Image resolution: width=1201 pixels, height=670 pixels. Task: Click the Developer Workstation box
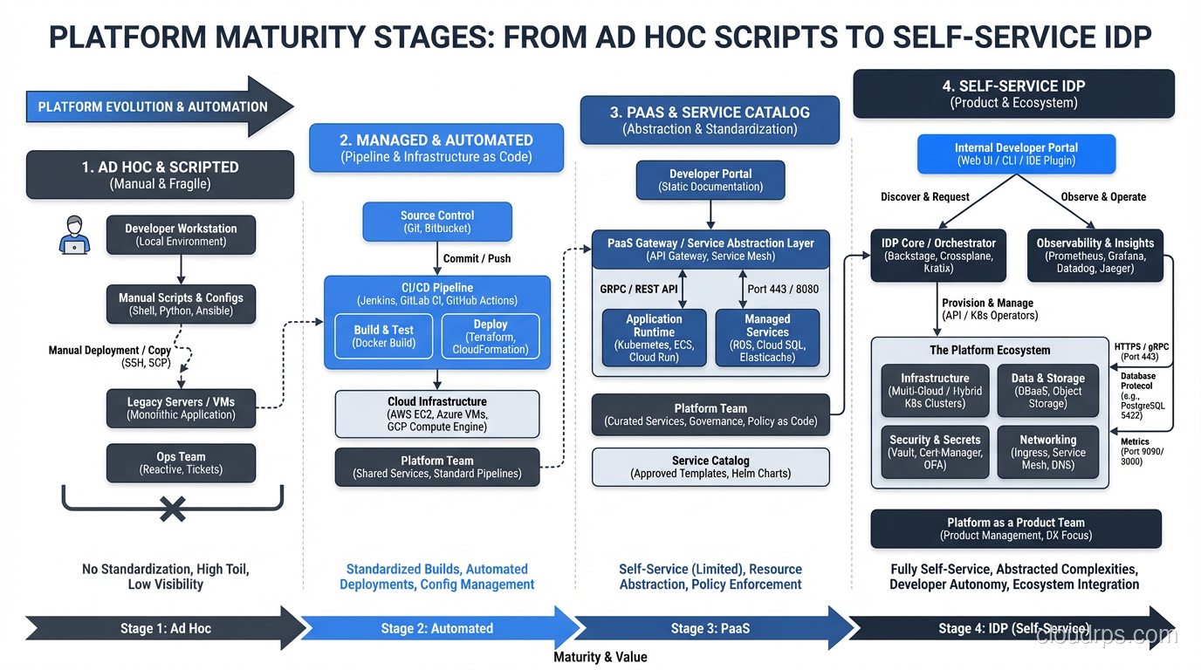181,235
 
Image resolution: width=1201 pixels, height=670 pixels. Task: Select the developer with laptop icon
75,235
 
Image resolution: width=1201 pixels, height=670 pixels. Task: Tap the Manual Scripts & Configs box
181,304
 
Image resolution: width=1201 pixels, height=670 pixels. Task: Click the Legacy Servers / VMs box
181,408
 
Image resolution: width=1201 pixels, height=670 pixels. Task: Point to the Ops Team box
181,463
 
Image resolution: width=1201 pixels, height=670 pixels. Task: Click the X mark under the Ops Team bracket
172,509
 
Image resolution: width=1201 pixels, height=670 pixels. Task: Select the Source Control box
437,222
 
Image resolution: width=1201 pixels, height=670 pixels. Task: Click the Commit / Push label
477,258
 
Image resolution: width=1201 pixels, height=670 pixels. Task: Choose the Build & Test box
383,336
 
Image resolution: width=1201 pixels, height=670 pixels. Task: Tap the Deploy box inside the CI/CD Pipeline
490,336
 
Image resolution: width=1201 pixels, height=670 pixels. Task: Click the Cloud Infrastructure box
437,414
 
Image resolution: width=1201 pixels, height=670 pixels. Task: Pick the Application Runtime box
654,338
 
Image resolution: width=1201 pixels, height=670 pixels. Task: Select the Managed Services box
767,338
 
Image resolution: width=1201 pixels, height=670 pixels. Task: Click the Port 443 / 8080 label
783,289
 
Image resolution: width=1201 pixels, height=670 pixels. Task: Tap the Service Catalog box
710,467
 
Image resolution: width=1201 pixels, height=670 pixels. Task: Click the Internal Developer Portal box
1016,154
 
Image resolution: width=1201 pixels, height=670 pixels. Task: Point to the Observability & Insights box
1095,256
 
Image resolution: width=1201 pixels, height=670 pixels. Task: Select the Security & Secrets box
935,452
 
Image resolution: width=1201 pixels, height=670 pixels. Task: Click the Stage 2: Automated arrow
436,628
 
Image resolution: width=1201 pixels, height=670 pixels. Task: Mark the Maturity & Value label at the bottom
600,657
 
